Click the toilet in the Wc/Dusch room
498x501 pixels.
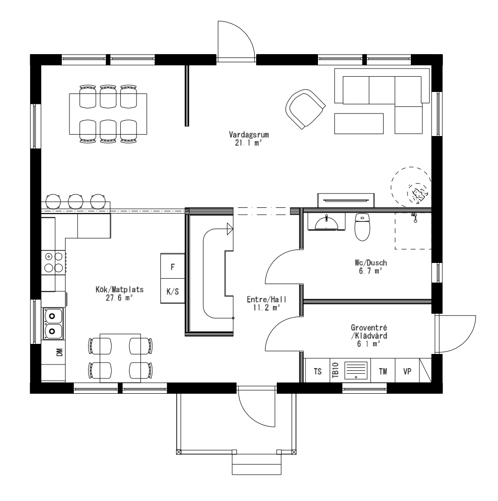point(362,227)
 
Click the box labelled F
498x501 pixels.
point(172,266)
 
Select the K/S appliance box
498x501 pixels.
point(172,291)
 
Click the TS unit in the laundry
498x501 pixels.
point(317,371)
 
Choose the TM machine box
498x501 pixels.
point(383,371)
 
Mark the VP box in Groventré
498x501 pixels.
point(407,371)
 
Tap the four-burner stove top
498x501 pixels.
point(53,263)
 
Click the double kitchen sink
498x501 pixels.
point(53,323)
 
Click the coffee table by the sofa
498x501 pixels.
point(359,124)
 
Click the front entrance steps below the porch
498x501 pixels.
point(256,463)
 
